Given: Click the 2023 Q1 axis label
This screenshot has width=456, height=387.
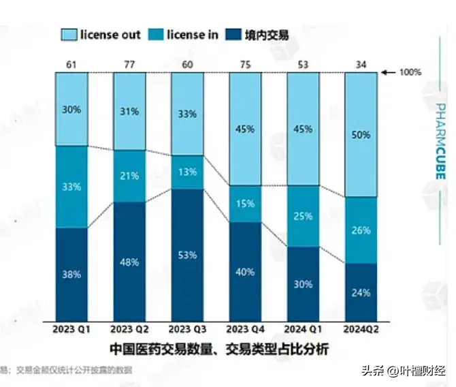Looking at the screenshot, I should tap(71, 329).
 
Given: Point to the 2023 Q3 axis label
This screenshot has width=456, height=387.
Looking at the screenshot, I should tap(188, 329).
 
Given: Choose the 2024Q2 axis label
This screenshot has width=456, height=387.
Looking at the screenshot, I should tap(361, 329).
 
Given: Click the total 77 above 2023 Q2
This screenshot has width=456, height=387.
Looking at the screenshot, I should tap(129, 64).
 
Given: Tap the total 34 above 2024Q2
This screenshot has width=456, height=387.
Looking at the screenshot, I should tap(361, 64).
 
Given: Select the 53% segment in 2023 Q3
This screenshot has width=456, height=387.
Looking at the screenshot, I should tap(188, 254).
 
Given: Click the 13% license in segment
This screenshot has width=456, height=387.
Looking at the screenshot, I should tap(188, 172).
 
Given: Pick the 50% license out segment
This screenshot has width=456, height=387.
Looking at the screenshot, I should tap(361, 134).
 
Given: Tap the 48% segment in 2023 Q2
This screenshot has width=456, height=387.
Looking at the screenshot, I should tap(129, 261).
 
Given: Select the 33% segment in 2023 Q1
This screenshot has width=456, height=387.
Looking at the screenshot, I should tap(71, 186).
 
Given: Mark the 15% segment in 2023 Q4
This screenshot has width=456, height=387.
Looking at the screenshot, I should tap(245, 203).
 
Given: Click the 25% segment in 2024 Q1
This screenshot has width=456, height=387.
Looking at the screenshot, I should tap(303, 216).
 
